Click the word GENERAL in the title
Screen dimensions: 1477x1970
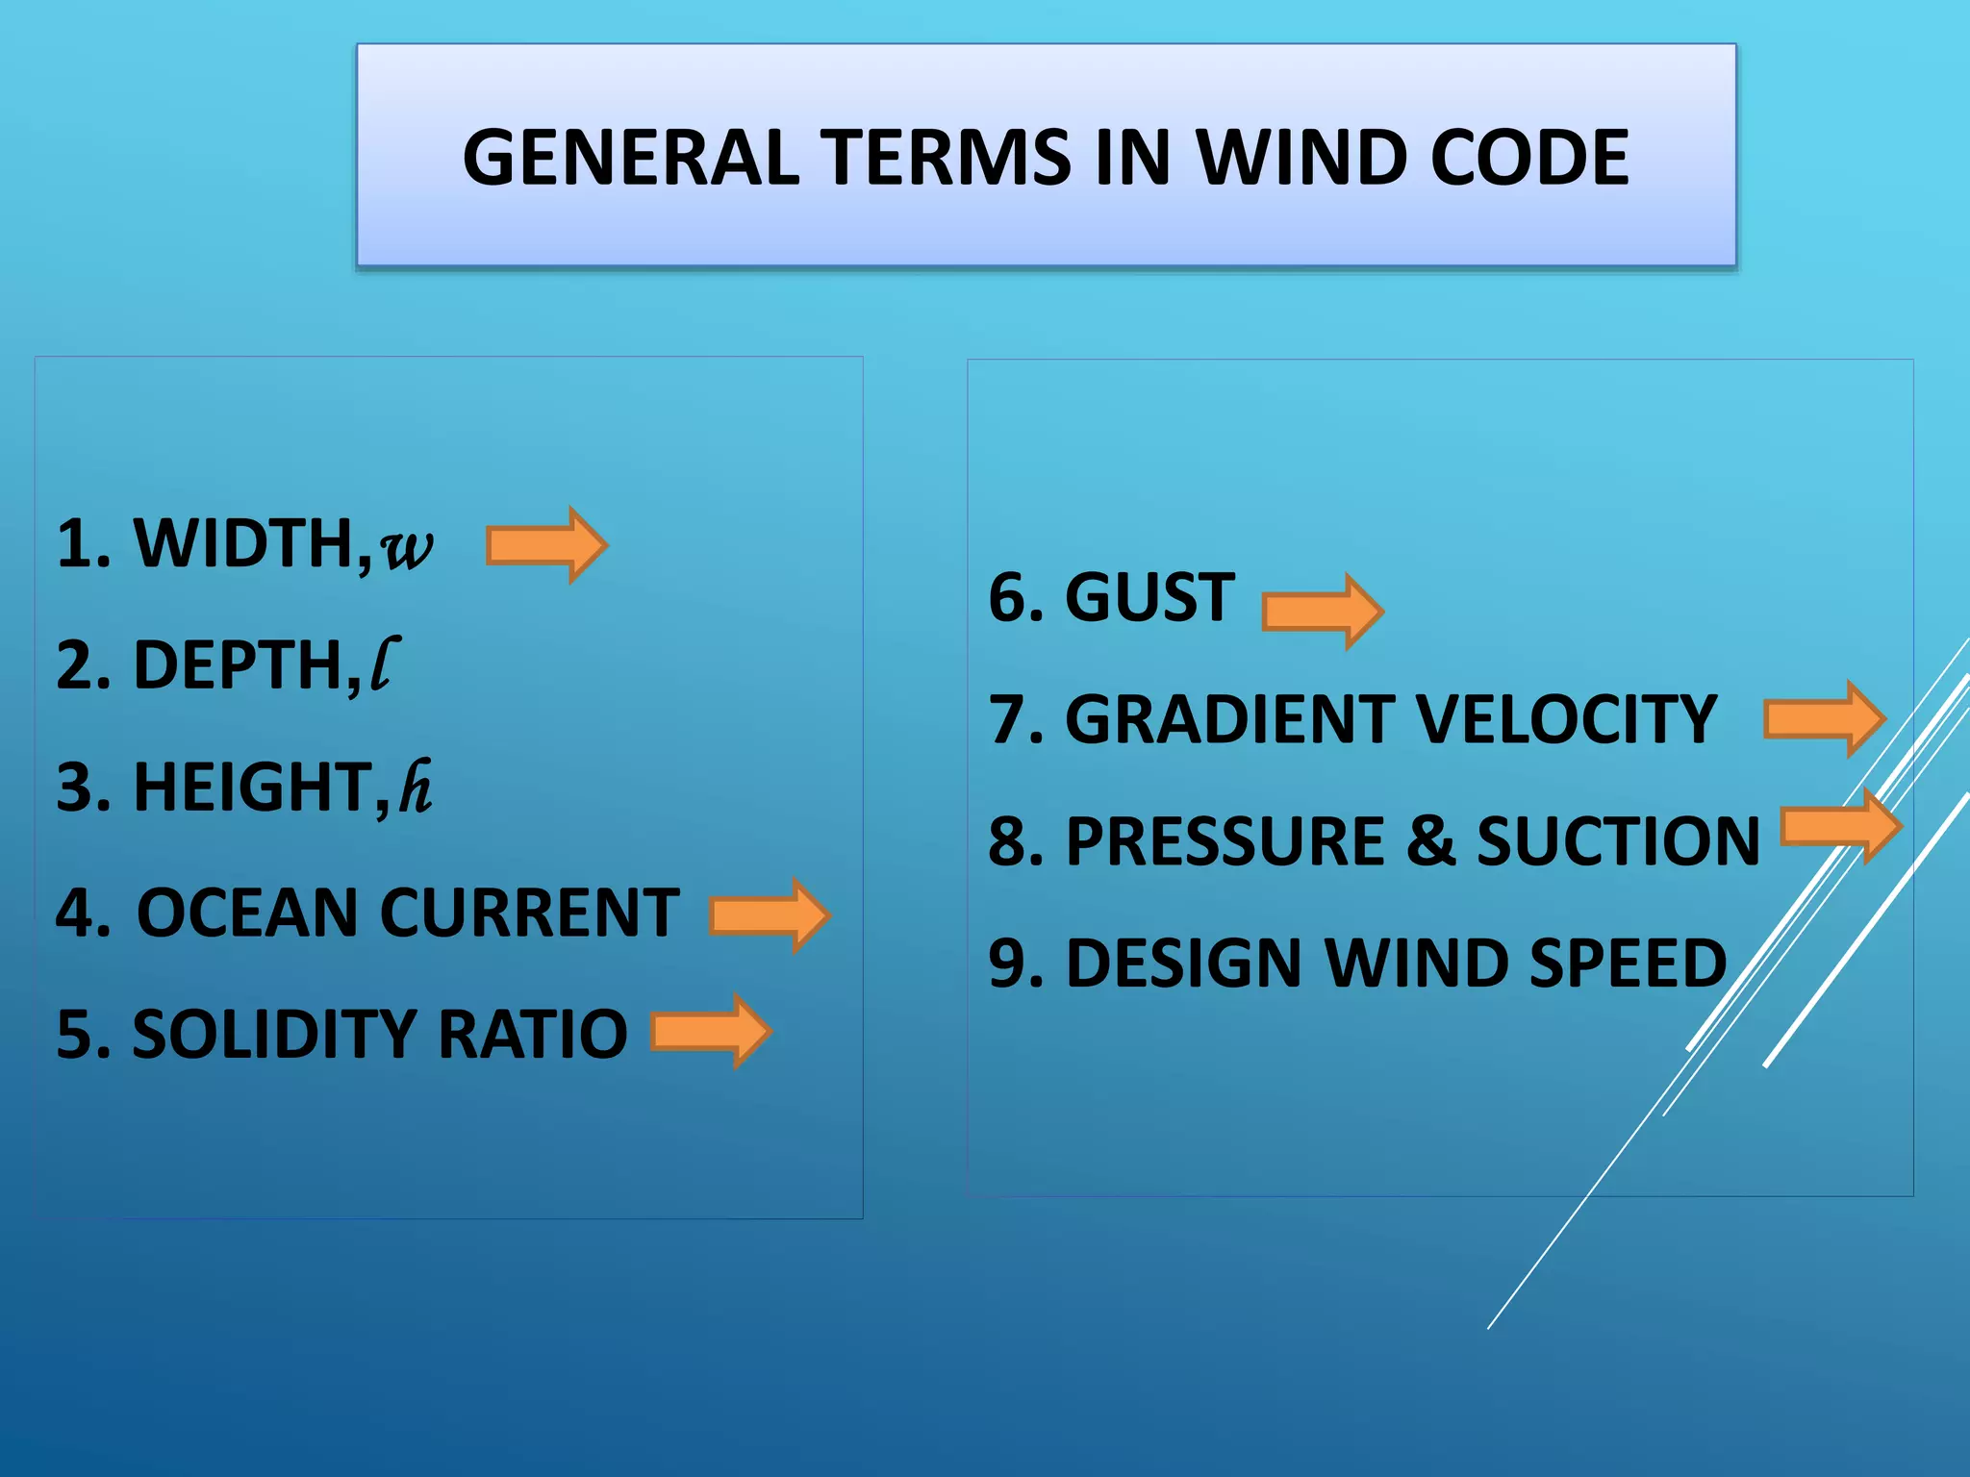pos(630,158)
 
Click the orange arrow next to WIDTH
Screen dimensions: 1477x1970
pos(546,545)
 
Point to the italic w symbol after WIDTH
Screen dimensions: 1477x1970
pos(406,548)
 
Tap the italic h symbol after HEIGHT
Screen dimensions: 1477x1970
pos(416,788)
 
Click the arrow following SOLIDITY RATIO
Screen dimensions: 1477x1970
pos(712,1032)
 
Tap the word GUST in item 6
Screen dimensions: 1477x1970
pos(1149,597)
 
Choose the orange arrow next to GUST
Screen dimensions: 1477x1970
pos(1323,612)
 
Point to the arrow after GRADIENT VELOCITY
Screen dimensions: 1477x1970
pos(1824,719)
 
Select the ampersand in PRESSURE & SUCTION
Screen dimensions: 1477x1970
pos(1430,841)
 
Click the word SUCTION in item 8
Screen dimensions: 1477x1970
pos(1618,841)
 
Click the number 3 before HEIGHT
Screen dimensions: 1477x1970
pos(74,788)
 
